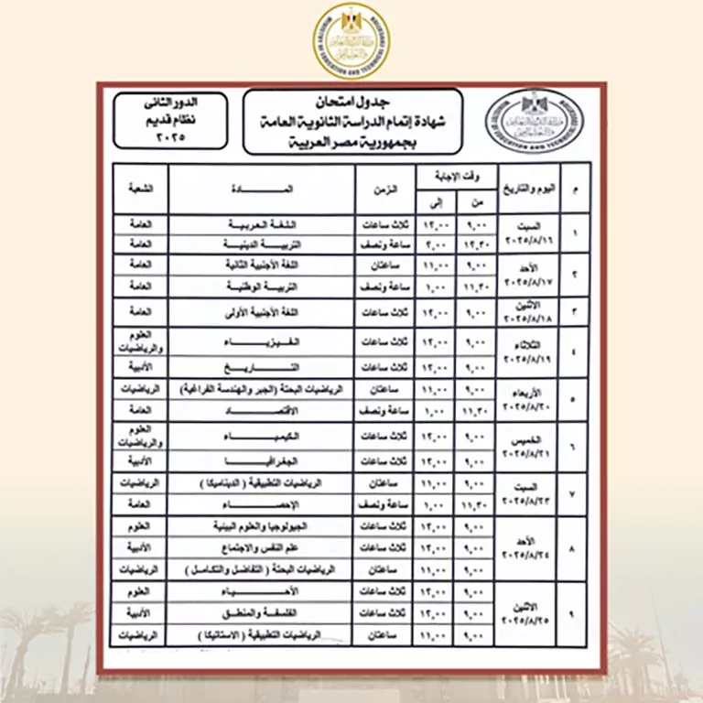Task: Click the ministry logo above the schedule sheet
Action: point(351,41)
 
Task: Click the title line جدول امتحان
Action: point(352,99)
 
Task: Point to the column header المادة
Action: point(262,189)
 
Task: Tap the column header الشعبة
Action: point(140,189)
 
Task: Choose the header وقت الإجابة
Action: point(455,174)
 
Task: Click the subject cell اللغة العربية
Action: point(262,223)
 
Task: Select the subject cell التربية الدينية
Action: point(262,244)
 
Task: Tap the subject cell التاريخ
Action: point(262,367)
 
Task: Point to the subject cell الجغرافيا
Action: point(262,460)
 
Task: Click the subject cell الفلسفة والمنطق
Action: point(262,613)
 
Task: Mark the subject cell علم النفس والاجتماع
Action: point(262,547)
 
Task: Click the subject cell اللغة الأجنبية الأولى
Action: point(262,311)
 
